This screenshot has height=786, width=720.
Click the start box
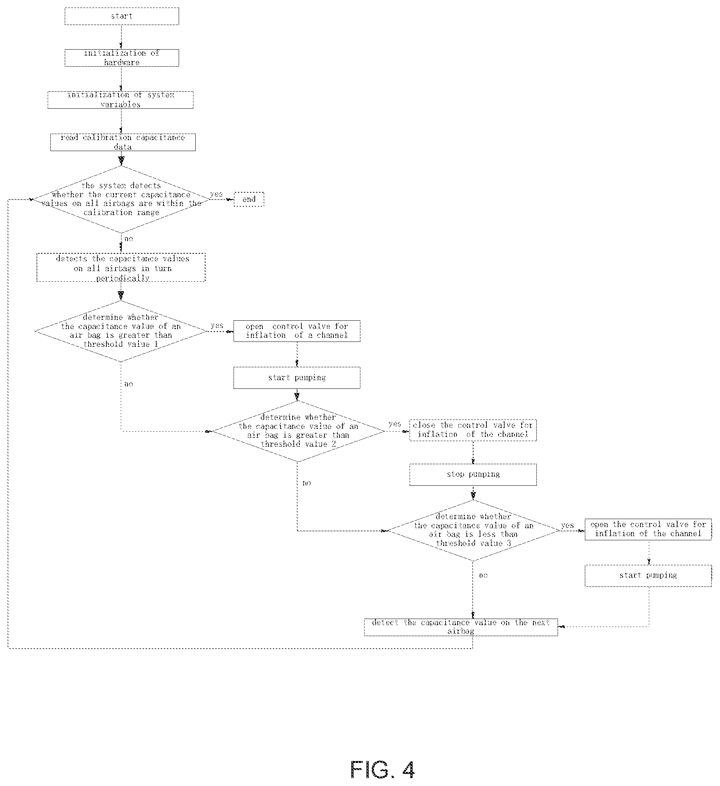coord(122,16)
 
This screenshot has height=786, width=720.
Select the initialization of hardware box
coord(122,58)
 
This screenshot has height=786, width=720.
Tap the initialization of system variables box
coord(120,100)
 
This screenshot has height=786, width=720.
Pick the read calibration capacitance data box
coord(123,142)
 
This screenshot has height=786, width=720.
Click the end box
coord(249,199)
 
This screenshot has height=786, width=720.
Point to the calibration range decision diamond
coord(121,200)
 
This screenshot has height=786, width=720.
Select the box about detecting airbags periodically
coord(121,267)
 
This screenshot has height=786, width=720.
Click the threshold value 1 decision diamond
coord(121,331)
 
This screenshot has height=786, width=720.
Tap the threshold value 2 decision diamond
coord(298,432)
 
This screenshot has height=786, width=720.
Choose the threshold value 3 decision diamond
coord(473,531)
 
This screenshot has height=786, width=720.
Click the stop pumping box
coord(473,474)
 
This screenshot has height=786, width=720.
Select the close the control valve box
coord(473,430)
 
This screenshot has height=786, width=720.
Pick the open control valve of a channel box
coord(297,331)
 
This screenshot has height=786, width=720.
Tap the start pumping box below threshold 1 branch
coord(297,378)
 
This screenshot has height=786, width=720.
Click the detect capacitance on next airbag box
coord(461,627)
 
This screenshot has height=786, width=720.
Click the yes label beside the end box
coord(217,194)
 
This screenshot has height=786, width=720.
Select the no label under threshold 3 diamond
coord(483,575)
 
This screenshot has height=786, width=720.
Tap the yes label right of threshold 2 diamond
coord(395,424)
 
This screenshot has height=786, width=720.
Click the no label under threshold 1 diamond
coord(129,384)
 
